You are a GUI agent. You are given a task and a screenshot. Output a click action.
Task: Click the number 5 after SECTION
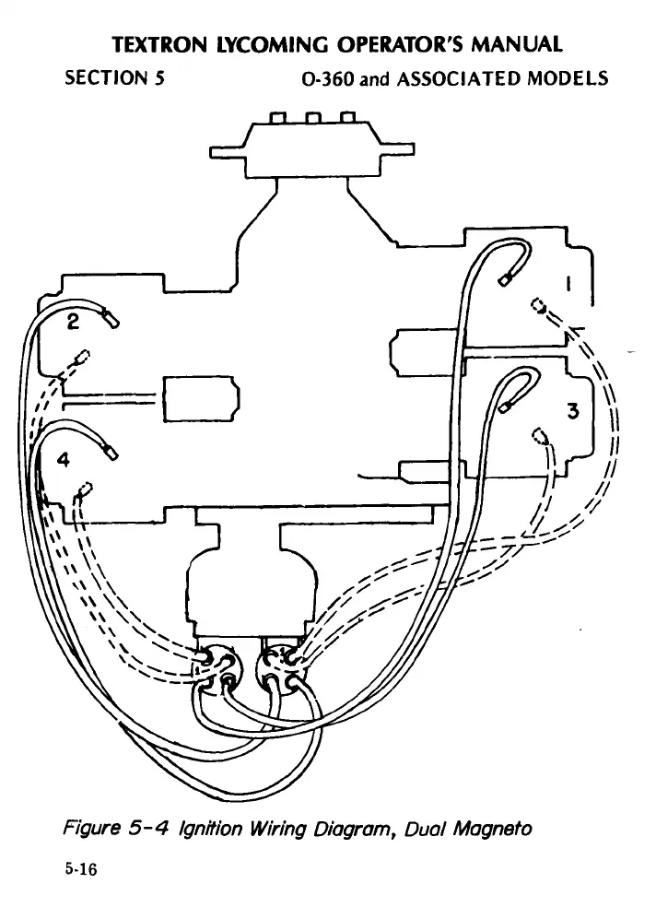click(159, 78)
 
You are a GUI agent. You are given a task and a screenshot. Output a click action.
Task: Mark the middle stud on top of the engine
click(312, 118)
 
